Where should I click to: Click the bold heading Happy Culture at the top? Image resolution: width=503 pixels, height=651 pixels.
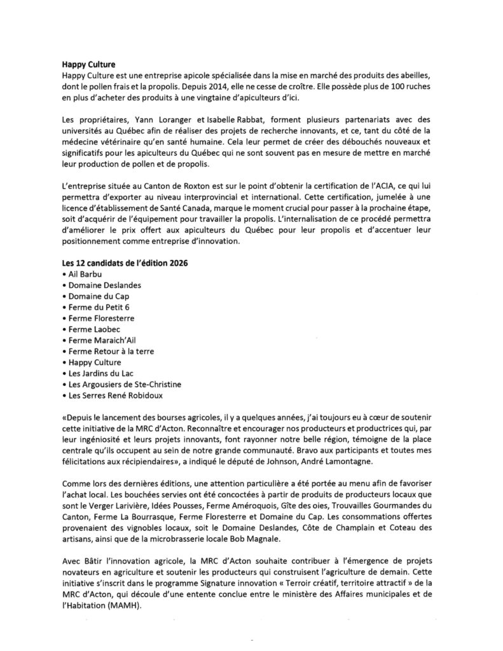click(x=88, y=64)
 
